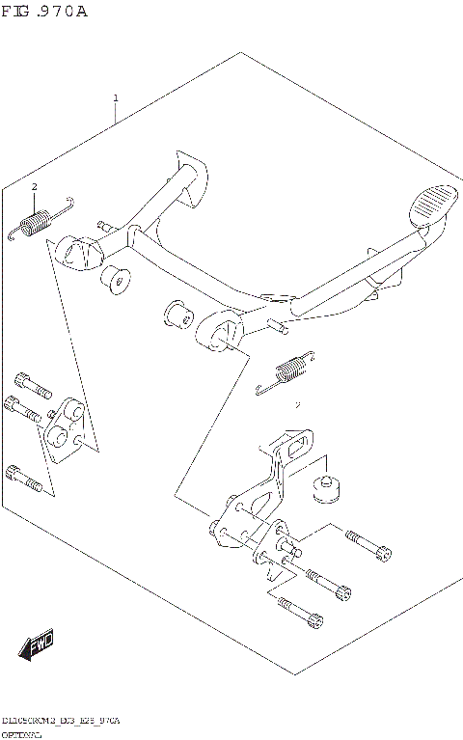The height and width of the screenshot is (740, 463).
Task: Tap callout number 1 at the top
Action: (116, 98)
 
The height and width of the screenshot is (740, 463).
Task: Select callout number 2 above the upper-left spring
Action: (34, 186)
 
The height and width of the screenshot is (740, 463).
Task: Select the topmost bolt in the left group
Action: (32, 383)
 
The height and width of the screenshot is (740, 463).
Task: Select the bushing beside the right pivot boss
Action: (177, 315)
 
